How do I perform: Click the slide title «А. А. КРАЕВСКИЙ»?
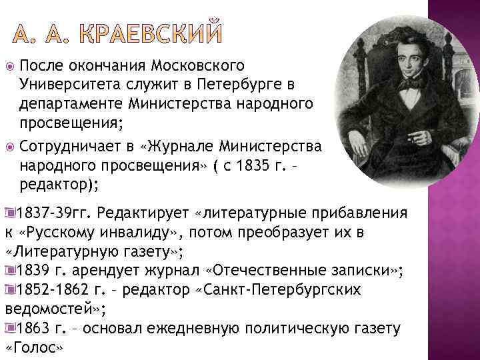click(119, 32)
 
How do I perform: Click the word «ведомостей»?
click(49, 309)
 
